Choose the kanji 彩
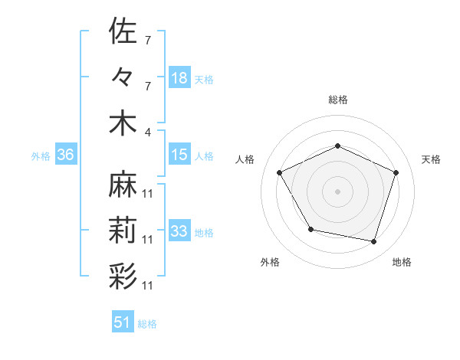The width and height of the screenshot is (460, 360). [x=123, y=275]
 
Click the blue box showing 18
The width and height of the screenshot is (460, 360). [x=179, y=77]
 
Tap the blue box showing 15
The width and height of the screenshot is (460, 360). [x=179, y=155]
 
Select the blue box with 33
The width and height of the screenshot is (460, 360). [x=179, y=231]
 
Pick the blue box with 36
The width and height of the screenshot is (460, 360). [x=65, y=155]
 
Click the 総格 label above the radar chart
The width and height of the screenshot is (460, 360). [x=338, y=100]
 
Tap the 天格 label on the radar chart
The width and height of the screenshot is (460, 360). [x=431, y=159]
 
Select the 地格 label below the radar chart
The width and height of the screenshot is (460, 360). [x=402, y=262]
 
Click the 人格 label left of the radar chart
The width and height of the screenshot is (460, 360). [x=245, y=159]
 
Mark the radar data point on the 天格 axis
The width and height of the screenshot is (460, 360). [x=396, y=172]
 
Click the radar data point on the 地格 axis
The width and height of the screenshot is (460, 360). [x=374, y=241]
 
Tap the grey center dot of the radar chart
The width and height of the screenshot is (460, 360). [x=338, y=191]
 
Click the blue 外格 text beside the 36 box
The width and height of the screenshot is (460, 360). [x=41, y=155]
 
